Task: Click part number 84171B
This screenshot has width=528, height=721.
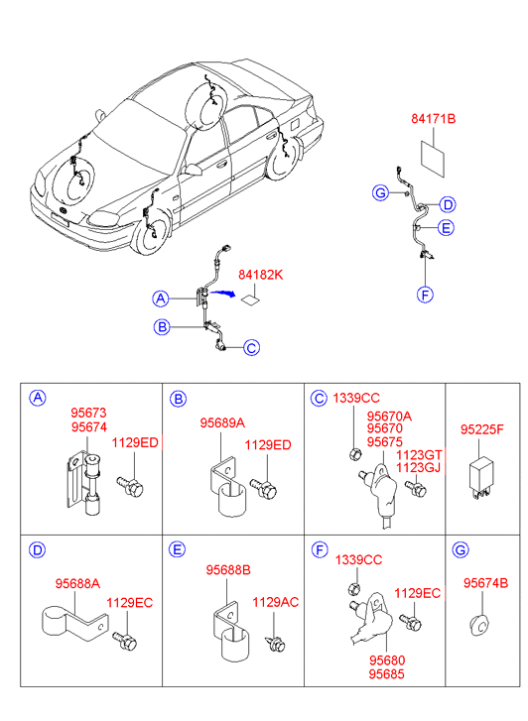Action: (x=433, y=119)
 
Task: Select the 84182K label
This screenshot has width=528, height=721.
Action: (x=260, y=275)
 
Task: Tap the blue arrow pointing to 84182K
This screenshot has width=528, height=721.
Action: (x=223, y=293)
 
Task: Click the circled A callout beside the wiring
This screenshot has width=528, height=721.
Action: (x=160, y=299)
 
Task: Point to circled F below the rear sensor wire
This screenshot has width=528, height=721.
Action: (x=425, y=295)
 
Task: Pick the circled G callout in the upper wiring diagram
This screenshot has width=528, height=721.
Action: (x=380, y=192)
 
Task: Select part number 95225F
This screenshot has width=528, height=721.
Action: (x=482, y=429)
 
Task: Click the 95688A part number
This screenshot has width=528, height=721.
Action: (x=77, y=583)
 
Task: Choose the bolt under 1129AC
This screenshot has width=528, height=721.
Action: (x=275, y=644)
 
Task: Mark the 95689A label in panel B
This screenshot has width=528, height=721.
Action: (x=222, y=423)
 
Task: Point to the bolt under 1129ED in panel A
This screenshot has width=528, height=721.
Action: (x=129, y=487)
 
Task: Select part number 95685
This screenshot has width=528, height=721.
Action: (x=387, y=674)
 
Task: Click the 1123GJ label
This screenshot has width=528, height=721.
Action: (x=419, y=468)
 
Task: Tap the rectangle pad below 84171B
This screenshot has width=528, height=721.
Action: (x=433, y=159)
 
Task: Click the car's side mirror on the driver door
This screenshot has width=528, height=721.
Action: (x=194, y=170)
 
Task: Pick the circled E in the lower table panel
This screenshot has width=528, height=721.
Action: (x=178, y=550)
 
